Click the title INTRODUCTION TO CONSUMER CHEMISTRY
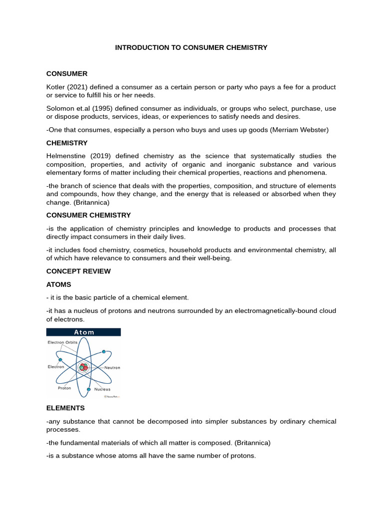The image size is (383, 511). coord(191,47)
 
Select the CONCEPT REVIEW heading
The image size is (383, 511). coord(78,271)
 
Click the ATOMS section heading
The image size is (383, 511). coord(59,284)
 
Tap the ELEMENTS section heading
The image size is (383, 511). coord(65,408)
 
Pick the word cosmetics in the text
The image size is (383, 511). coord(140,250)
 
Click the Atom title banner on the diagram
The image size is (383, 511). coord(84,332)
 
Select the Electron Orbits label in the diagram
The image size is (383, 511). coord(62,343)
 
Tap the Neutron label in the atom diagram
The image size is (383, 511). coord(112,367)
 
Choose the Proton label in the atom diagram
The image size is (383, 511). coord(64,388)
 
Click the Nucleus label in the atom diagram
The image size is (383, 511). coord(102,389)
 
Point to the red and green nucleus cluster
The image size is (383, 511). coord(83,368)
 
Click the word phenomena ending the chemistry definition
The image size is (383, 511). coord(309,173)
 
